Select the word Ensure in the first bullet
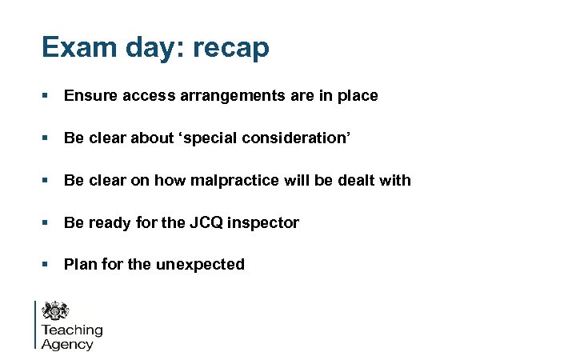(x=90, y=96)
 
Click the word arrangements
(x=220, y=97)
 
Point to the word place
(x=356, y=96)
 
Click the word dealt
(x=357, y=180)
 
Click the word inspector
(x=263, y=223)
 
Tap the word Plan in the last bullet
(x=80, y=264)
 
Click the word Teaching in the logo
(x=72, y=330)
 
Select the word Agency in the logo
(x=67, y=345)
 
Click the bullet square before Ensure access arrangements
(x=46, y=96)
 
